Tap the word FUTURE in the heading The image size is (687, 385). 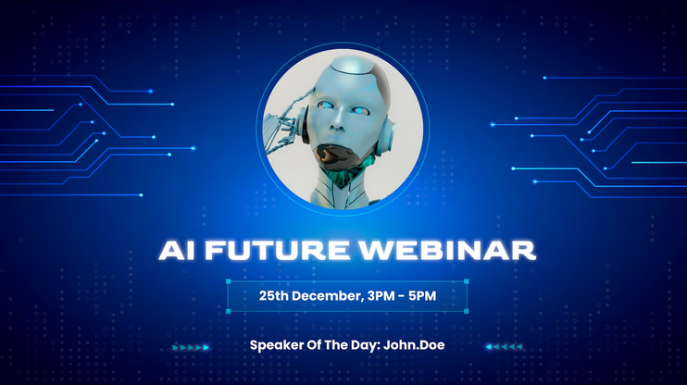pyautogui.click(x=268, y=251)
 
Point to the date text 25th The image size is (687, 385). pyautogui.click(x=275, y=297)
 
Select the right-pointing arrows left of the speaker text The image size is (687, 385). pyautogui.click(x=192, y=348)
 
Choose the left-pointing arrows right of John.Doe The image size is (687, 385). pyautogui.click(x=505, y=348)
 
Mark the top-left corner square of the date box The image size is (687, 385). pyautogui.click(x=228, y=281)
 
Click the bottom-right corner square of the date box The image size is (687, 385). pyautogui.click(x=467, y=312)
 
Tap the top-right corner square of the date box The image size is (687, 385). pyautogui.click(x=467, y=281)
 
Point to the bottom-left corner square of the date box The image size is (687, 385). pyautogui.click(x=228, y=312)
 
